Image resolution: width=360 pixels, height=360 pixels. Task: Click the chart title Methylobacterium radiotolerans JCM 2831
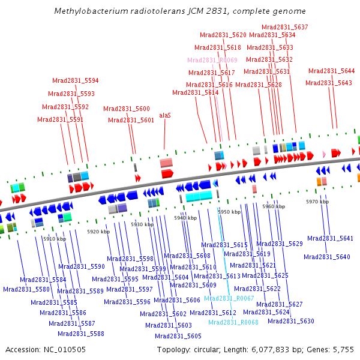[179, 11]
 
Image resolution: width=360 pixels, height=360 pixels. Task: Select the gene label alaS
[165, 115]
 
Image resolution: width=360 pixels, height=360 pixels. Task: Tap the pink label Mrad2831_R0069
[212, 60]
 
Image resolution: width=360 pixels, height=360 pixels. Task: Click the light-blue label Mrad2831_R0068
[233, 322]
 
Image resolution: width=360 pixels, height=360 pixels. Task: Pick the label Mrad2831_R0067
[229, 298]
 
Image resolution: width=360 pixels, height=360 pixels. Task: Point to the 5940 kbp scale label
[185, 218]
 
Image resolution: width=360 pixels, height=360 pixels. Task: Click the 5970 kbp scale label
[317, 202]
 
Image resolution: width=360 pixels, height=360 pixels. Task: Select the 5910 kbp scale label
[55, 239]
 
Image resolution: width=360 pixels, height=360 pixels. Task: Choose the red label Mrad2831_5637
[285, 27]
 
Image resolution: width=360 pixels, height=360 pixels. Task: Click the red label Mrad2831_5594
[76, 80]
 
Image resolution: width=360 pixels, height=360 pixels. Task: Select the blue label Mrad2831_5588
[81, 334]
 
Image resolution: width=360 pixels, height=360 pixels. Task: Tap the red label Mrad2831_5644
[332, 71]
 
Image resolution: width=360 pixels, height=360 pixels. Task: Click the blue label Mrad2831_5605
[178, 336]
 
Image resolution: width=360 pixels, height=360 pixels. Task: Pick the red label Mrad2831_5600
[127, 109]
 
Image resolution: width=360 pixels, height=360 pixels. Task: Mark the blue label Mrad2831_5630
[291, 321]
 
